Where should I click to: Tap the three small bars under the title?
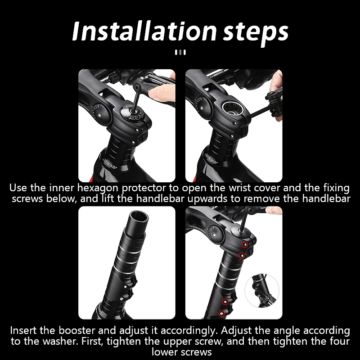(x=180, y=52)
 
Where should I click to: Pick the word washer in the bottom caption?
(x=59, y=341)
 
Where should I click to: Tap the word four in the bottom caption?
(x=340, y=341)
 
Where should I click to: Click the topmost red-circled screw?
(x=245, y=245)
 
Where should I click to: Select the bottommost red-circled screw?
(x=221, y=313)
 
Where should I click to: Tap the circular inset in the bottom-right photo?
(x=262, y=291)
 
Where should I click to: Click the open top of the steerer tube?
(x=139, y=216)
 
